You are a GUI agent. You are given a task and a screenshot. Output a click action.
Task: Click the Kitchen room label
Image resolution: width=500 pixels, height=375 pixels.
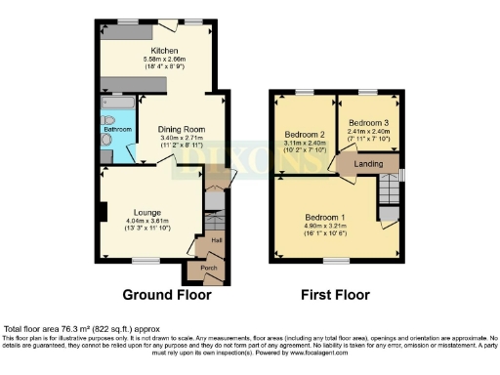164,50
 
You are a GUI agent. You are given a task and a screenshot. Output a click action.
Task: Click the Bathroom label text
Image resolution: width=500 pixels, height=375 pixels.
118,129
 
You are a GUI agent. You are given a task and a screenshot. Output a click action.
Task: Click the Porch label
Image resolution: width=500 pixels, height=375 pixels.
209,268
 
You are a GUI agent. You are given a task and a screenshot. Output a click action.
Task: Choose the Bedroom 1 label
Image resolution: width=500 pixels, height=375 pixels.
324,216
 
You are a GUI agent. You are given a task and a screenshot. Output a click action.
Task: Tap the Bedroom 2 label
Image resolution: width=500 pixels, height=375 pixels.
305,134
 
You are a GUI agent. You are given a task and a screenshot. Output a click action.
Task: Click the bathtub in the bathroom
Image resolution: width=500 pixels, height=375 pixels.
118,103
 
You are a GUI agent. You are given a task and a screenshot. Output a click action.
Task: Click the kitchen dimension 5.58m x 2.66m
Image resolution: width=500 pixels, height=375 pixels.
164,61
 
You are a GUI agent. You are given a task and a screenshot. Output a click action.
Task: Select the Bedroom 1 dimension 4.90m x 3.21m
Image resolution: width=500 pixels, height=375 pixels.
324,228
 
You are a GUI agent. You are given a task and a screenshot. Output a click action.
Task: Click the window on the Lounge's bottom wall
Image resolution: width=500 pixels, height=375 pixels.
146,260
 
